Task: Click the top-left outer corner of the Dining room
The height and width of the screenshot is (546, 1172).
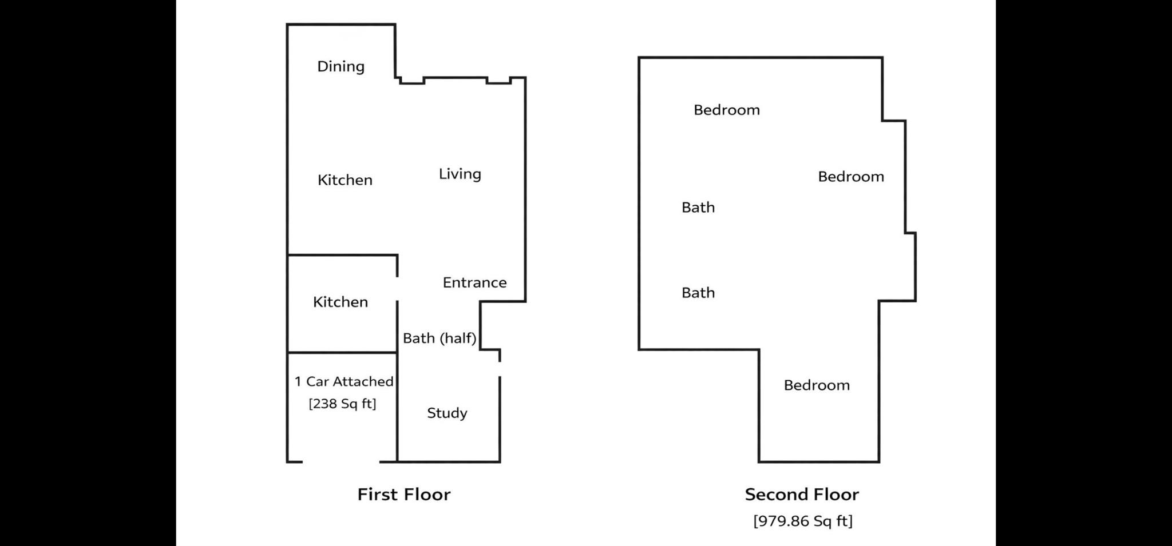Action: [x=287, y=25]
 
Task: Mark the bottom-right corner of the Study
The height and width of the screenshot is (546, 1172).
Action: [x=500, y=461]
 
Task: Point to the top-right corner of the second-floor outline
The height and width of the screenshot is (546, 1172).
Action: [x=882, y=58]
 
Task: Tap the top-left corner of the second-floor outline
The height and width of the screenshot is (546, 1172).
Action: [x=639, y=58]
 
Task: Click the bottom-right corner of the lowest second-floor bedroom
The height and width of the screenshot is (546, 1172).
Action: [x=879, y=461]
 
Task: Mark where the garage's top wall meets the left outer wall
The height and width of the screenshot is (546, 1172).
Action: [x=287, y=352]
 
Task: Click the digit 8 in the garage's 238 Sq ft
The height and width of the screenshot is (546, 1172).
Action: [x=334, y=404]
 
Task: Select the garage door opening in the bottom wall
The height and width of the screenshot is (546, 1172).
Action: [x=341, y=461]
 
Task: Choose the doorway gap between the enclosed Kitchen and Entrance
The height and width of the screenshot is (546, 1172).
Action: [x=397, y=289]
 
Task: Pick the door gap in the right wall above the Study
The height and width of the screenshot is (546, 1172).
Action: [x=500, y=369]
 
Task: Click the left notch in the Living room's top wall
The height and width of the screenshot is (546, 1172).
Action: [x=412, y=81]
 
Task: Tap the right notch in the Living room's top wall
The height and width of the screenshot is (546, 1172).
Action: [x=498, y=81]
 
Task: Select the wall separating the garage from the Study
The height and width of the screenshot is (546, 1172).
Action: [x=397, y=407]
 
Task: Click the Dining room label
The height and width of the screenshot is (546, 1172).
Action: [x=341, y=67]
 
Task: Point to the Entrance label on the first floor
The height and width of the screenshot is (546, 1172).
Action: [x=475, y=282]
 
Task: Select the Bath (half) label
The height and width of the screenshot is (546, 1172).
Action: [x=439, y=338]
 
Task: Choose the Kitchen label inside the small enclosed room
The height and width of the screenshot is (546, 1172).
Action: [x=340, y=302]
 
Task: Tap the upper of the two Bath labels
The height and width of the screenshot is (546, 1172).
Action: [x=698, y=208]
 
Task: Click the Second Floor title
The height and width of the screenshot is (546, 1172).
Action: [x=802, y=495]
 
